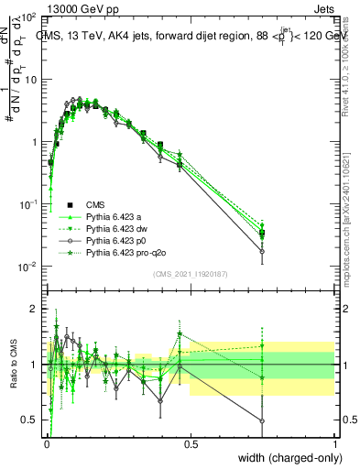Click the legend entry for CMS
pyautogui.click(x=95, y=204)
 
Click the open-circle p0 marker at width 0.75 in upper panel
pyautogui.click(x=262, y=251)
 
